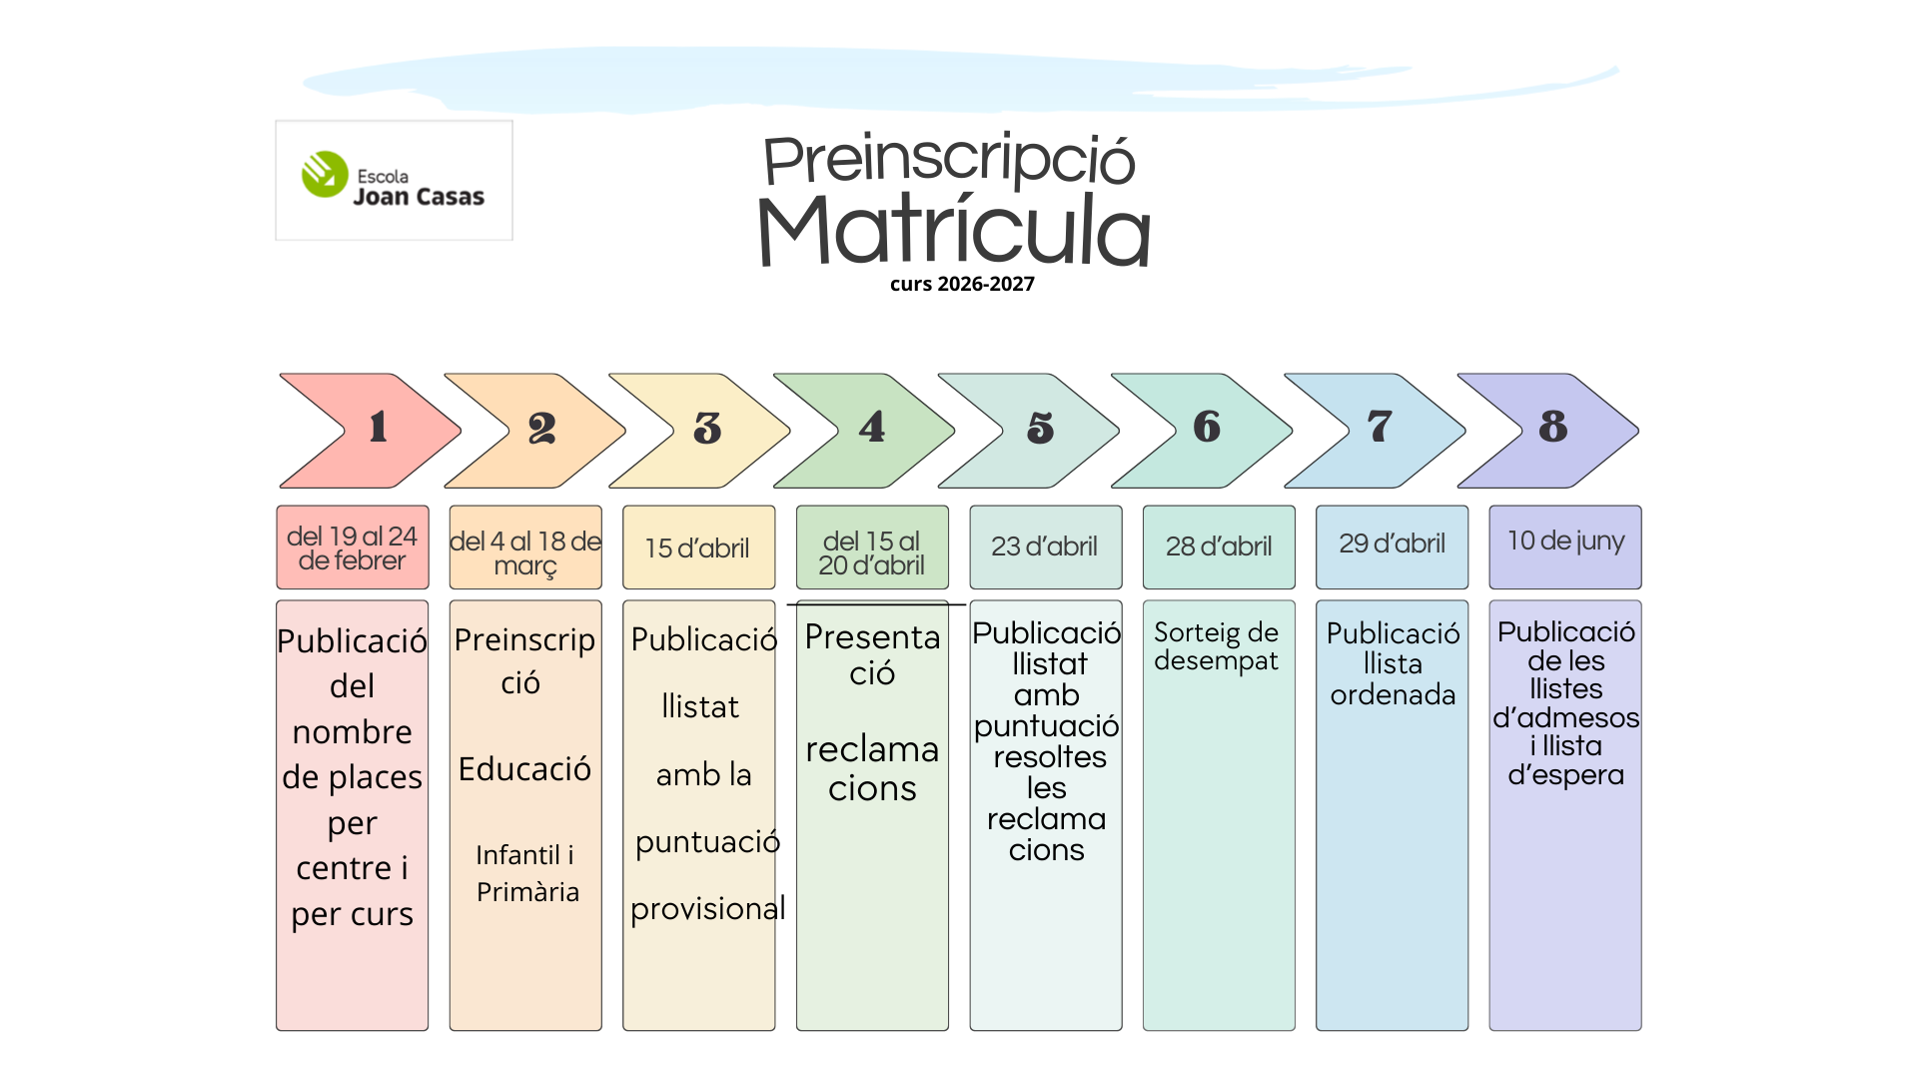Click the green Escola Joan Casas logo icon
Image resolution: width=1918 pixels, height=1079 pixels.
(325, 175)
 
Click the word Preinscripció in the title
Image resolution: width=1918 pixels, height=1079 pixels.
(949, 160)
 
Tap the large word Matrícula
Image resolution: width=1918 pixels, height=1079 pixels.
(954, 231)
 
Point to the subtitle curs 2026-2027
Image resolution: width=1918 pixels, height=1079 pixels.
(962, 284)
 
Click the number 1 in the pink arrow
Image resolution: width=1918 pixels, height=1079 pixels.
(378, 428)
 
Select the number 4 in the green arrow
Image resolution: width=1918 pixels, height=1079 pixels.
(871, 428)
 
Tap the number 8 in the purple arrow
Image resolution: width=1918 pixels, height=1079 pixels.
(1552, 428)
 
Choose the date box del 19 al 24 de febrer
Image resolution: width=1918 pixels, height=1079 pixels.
(352, 547)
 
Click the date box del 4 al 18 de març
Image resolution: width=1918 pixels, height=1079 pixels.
(525, 548)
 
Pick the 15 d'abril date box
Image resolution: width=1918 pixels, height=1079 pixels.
(698, 547)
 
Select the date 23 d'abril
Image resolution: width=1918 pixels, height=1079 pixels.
(1045, 546)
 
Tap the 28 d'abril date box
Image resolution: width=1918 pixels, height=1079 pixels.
(1219, 546)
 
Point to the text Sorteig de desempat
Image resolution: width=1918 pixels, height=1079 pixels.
(1216, 646)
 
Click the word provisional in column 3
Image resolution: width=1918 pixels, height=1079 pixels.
(707, 909)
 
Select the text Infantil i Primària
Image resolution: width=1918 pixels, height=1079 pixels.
(526, 873)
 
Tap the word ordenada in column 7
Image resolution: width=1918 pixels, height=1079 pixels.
(1393, 695)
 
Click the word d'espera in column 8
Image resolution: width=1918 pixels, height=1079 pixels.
(1565, 775)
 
